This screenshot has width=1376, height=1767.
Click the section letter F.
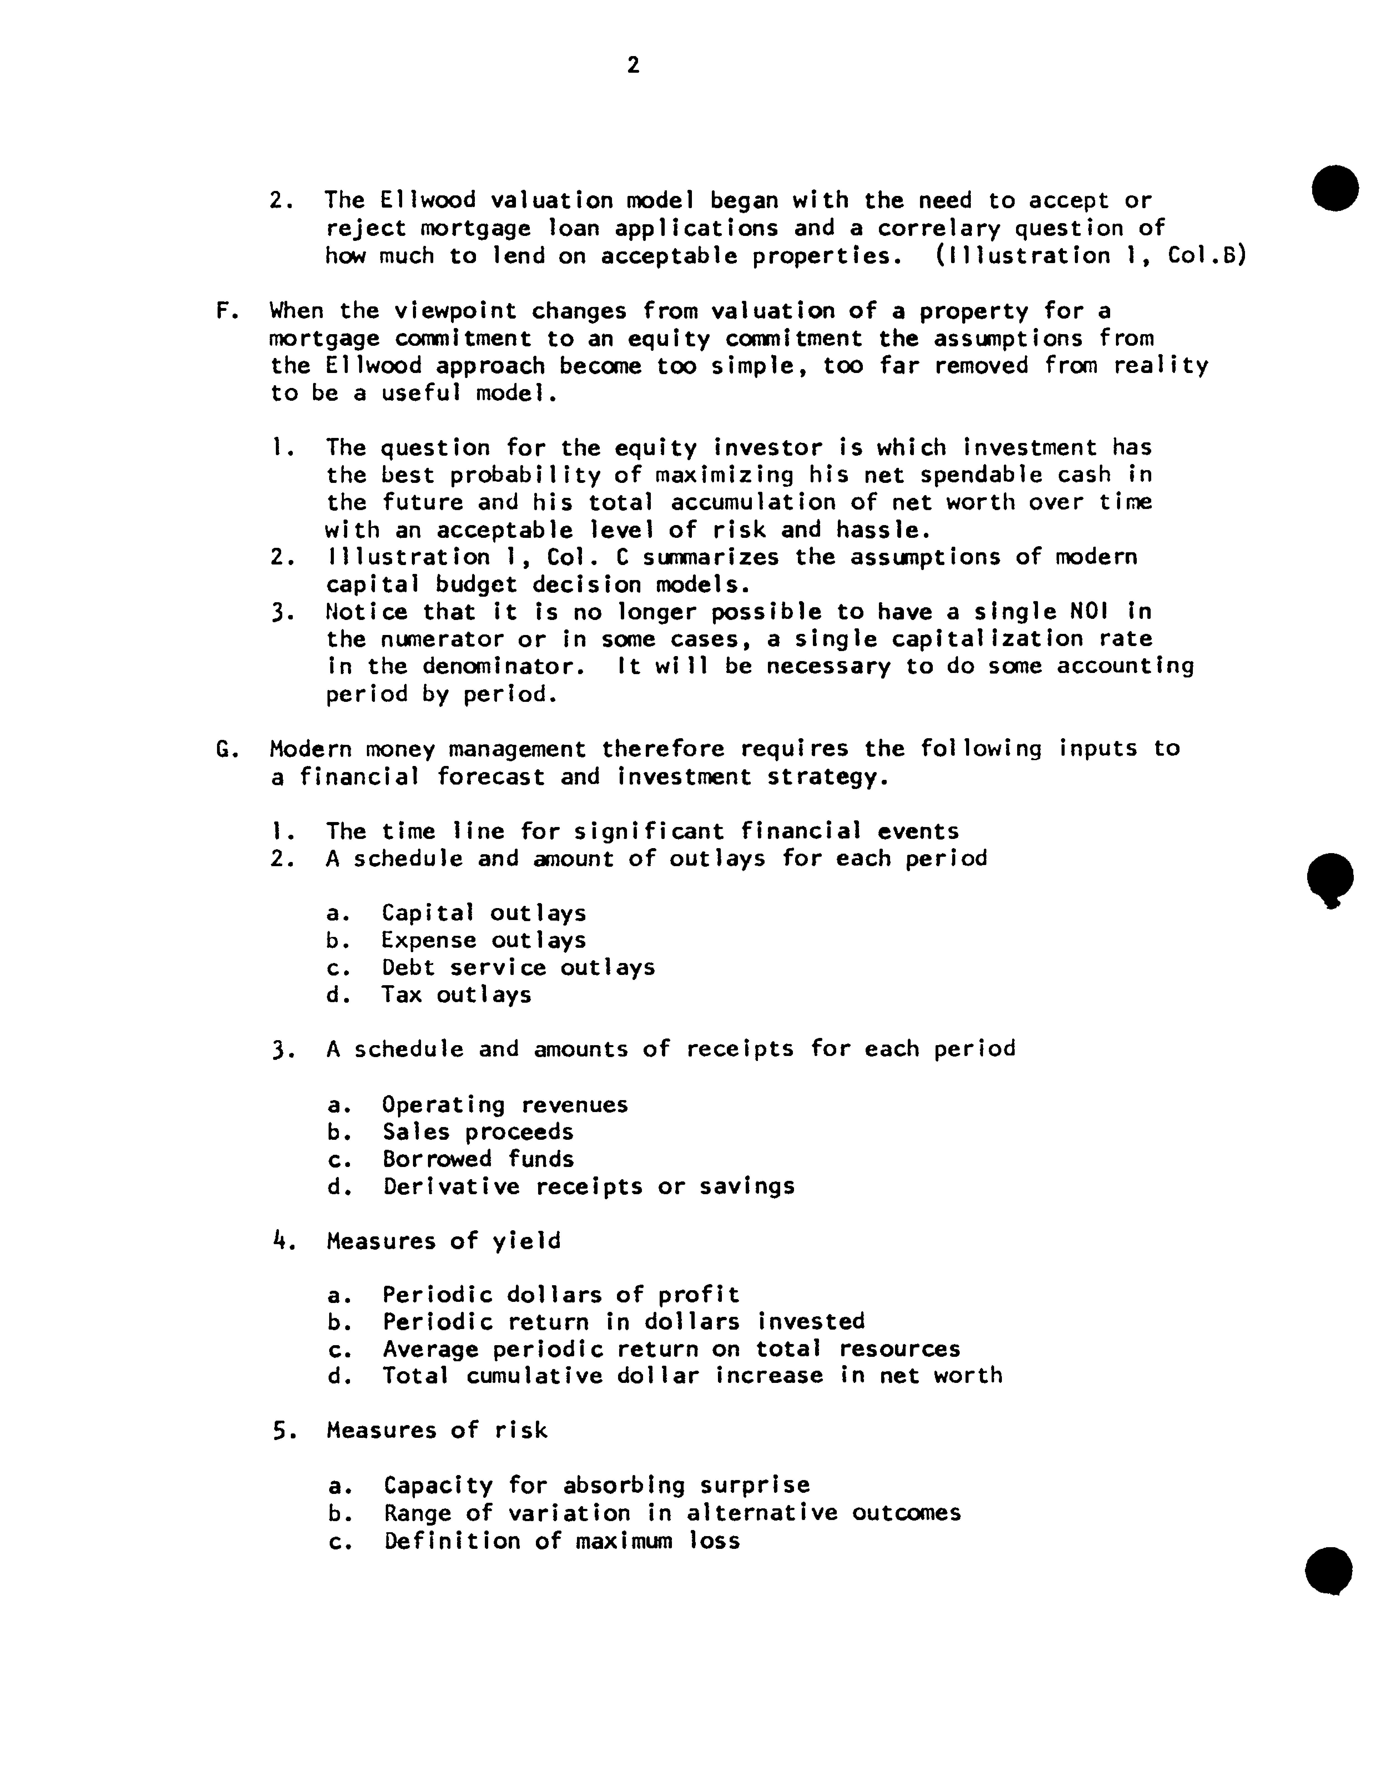click(x=223, y=311)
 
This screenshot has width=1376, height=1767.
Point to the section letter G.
click(x=224, y=749)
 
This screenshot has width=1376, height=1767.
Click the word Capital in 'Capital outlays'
click(x=428, y=913)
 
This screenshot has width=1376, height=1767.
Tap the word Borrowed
click(x=437, y=1159)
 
